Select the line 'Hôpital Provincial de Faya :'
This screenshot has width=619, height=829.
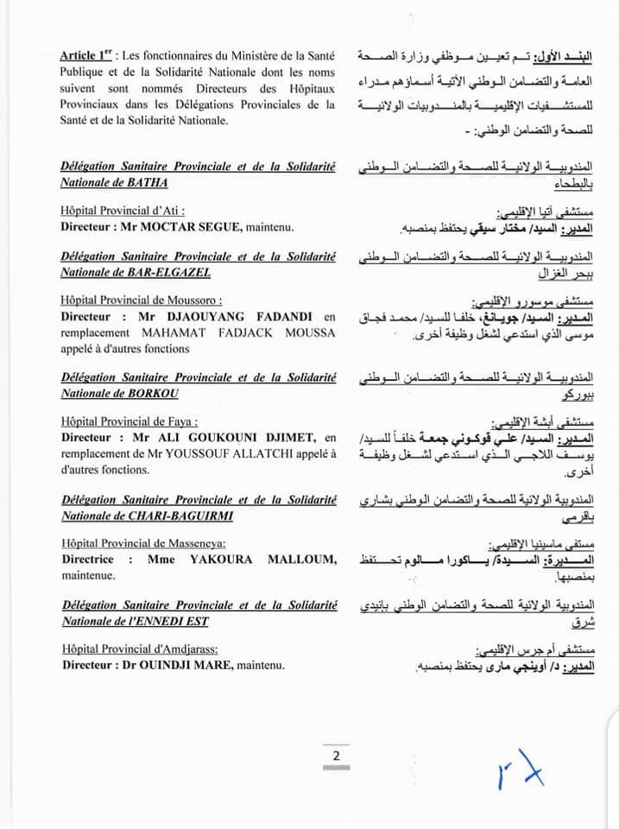129,422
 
